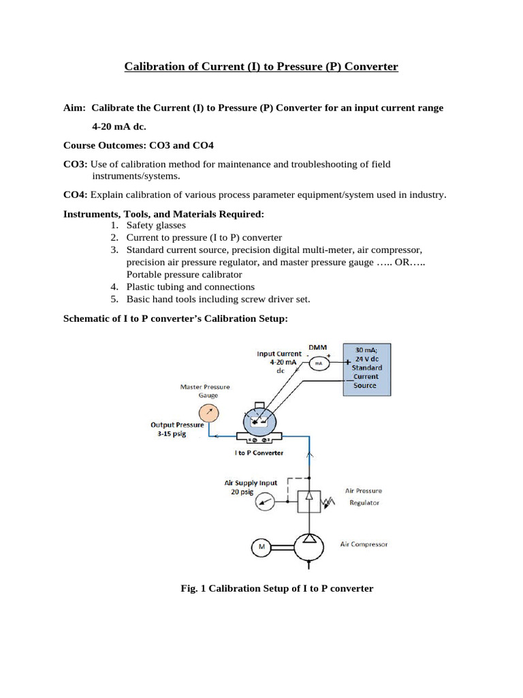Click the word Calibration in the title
pyautogui.click(x=152, y=66)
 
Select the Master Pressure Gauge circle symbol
pyautogui.click(x=209, y=412)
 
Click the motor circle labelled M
pyautogui.click(x=260, y=546)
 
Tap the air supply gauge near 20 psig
pyautogui.click(x=265, y=503)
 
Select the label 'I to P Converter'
pyautogui.click(x=259, y=453)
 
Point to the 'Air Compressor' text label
pyautogui.click(x=364, y=545)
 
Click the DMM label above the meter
pyautogui.click(x=317, y=347)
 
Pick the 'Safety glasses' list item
pyautogui.click(x=155, y=225)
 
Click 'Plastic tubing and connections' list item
pyautogui.click(x=190, y=287)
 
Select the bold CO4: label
pyautogui.click(x=75, y=195)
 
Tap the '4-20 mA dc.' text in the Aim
pyautogui.click(x=119, y=127)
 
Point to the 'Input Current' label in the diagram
pyautogui.click(x=279, y=354)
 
